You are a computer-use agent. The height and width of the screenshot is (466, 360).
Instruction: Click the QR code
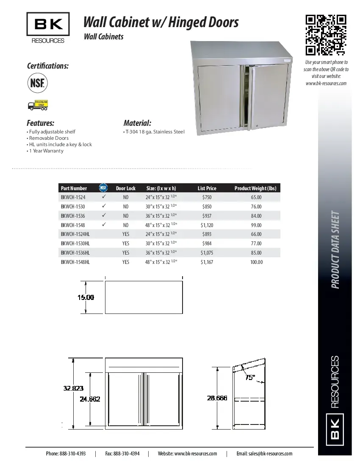point(326,35)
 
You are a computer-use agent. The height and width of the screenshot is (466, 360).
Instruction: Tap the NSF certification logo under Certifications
point(37,83)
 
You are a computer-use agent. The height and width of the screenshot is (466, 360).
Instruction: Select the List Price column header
point(207,189)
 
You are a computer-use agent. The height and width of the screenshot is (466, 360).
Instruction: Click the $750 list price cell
point(207,197)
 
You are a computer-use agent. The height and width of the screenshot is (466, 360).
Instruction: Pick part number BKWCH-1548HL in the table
point(75,262)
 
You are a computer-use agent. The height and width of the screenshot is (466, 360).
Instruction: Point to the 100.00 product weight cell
point(256,262)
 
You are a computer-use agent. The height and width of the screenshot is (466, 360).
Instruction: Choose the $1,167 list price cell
point(207,262)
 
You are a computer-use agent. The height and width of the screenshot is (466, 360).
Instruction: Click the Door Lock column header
point(126,189)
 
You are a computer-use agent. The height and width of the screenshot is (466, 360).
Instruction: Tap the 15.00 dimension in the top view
point(86,297)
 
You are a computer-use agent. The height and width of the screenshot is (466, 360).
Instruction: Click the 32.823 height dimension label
point(74,388)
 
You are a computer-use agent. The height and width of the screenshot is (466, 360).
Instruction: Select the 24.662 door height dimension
point(90,399)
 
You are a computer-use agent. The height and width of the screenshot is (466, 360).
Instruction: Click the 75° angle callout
point(250,377)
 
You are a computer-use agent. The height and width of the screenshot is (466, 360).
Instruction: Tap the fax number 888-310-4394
point(122,454)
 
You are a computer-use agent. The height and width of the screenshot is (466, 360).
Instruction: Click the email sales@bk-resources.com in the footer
point(264,454)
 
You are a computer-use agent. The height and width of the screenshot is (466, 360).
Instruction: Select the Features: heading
point(41,123)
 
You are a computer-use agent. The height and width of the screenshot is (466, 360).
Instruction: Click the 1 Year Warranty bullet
point(46,151)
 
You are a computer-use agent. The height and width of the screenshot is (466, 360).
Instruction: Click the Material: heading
point(137,123)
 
